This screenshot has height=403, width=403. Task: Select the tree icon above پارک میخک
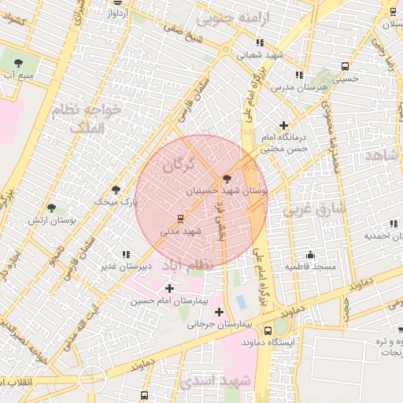point(116,190)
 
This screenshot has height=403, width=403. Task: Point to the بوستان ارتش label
point(72,221)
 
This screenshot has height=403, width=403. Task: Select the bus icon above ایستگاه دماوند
point(268,330)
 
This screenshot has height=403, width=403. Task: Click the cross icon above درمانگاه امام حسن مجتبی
point(283,125)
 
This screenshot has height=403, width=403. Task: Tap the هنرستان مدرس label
point(295,87)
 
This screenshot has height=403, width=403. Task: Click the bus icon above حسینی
point(346,66)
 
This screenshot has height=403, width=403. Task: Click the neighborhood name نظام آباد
point(187,266)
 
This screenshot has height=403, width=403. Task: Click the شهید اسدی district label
point(215,381)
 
